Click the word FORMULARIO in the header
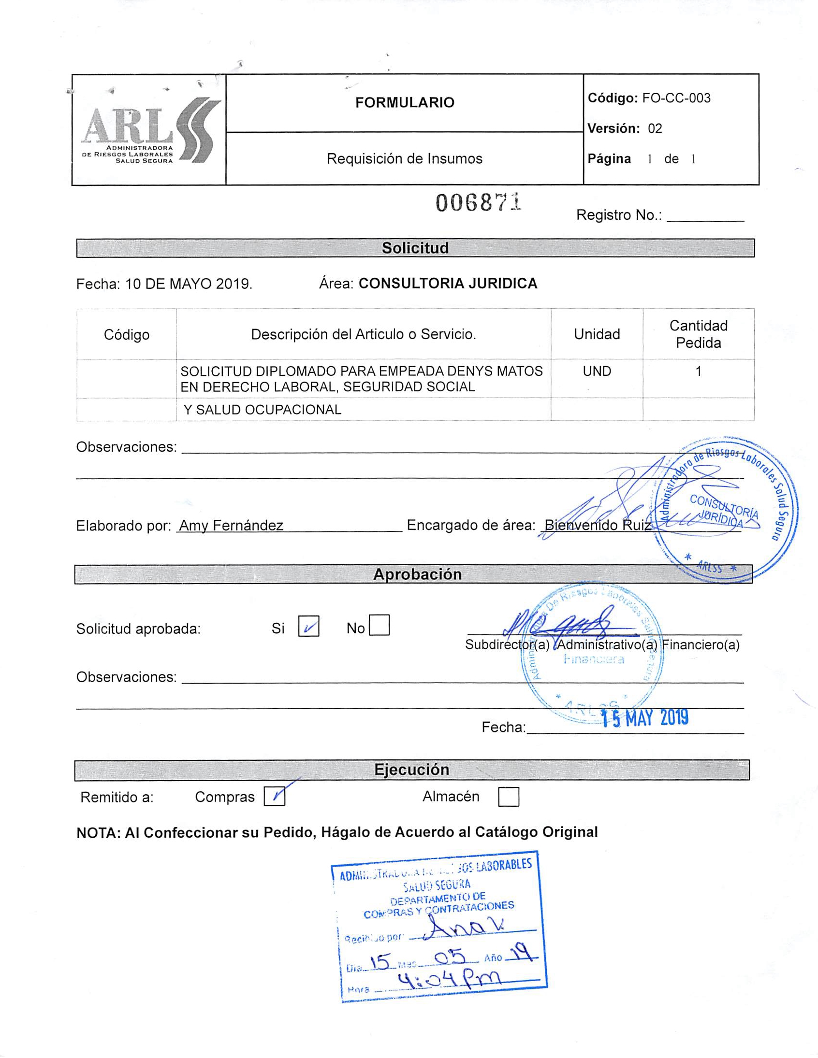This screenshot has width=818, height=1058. click(405, 103)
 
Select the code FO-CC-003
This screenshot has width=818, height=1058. click(676, 99)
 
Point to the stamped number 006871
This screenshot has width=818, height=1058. click(478, 203)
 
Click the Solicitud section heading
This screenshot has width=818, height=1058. click(415, 248)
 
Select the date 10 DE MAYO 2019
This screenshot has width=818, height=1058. click(189, 284)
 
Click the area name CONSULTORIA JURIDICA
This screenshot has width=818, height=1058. click(448, 284)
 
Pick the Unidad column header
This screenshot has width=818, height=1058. click(597, 334)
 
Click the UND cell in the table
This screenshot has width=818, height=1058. click(597, 372)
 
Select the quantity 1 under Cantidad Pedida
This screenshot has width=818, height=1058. click(698, 372)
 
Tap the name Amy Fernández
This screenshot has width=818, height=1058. click(231, 526)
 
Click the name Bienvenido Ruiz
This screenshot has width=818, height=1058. click(598, 526)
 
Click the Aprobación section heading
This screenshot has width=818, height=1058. click(417, 574)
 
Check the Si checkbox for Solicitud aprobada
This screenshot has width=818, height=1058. click(308, 626)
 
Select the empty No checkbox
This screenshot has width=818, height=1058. click(379, 626)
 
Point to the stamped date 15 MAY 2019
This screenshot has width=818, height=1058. click(645, 718)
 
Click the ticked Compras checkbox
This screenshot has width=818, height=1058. click(275, 797)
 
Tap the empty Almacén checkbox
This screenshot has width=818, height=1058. click(509, 797)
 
